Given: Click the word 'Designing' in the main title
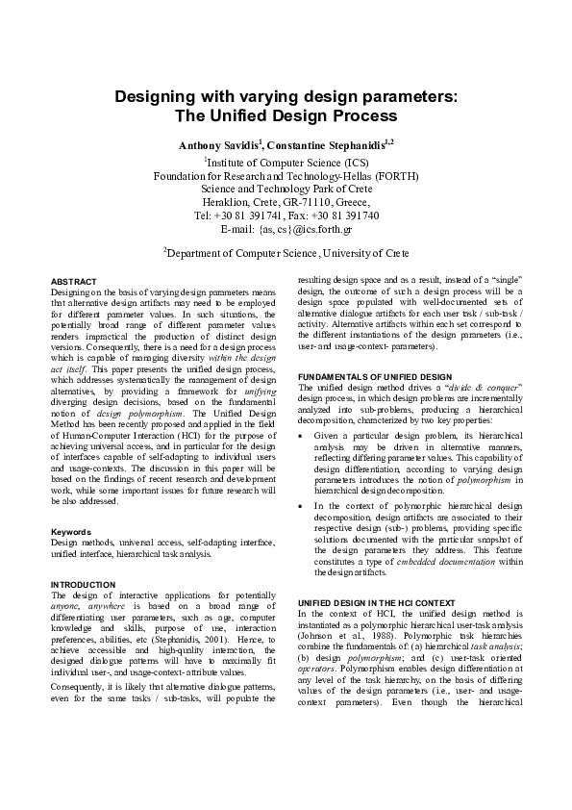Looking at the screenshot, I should (157, 98).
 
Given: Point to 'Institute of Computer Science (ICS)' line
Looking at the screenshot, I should (286, 163).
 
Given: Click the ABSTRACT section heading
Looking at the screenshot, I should (73, 280).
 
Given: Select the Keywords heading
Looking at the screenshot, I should (70, 532).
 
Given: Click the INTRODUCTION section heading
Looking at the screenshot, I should (83, 585).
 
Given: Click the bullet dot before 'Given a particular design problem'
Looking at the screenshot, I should (303, 435).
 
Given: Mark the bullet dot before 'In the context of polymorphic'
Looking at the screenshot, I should (303, 504).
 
